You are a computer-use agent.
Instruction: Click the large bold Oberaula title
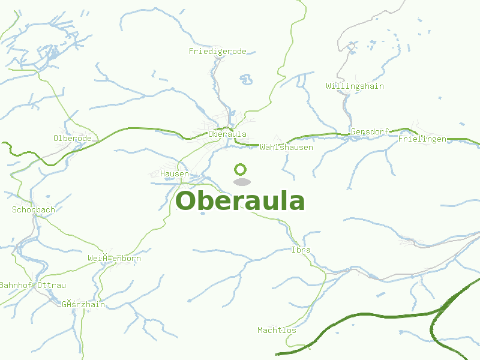(240, 201)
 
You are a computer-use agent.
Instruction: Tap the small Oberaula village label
(227, 134)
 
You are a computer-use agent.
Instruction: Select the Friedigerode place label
(217, 52)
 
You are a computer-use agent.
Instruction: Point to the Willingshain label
(355, 86)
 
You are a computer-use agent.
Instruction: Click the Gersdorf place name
(370, 131)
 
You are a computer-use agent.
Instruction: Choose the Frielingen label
(422, 139)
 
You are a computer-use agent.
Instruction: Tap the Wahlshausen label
(286, 147)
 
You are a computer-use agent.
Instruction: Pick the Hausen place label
(175, 174)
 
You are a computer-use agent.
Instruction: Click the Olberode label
(72, 139)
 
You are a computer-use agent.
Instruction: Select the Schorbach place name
(34, 210)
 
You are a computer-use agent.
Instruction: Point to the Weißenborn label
(114, 259)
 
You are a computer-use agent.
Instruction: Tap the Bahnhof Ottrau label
(32, 285)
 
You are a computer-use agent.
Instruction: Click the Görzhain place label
(83, 304)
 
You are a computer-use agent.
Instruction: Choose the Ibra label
(301, 250)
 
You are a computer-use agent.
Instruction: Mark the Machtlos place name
(277, 330)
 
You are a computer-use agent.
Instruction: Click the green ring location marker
(241, 169)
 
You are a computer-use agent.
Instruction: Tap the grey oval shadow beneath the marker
(241, 182)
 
